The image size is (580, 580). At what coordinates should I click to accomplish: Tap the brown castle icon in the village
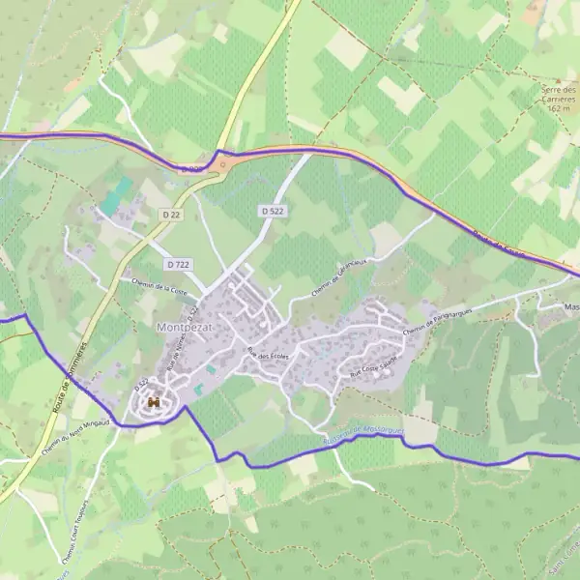pos(152,402)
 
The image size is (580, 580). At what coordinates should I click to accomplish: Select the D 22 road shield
pos(173,214)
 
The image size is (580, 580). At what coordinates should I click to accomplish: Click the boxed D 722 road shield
pos(178,264)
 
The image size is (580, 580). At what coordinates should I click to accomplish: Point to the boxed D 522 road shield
pos(272,210)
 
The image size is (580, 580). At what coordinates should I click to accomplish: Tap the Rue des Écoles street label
pos(268,357)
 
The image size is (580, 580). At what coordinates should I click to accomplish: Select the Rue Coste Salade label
pos(373,368)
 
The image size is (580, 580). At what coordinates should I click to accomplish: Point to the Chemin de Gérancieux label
pos(338,278)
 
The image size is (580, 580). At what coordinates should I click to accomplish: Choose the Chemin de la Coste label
pos(159,284)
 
